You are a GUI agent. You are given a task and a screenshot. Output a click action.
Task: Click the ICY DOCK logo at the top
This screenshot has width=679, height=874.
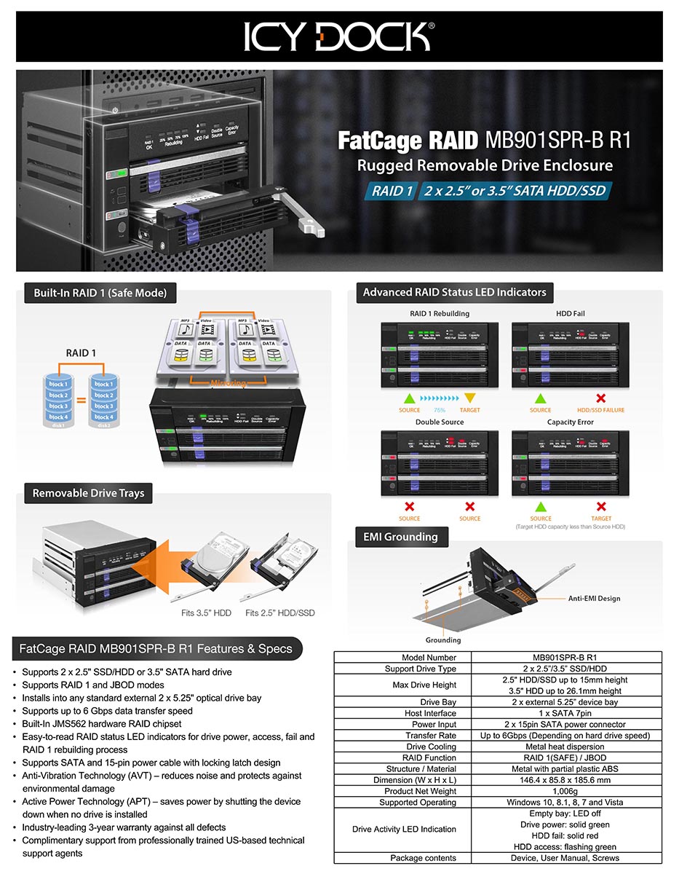coord(339,36)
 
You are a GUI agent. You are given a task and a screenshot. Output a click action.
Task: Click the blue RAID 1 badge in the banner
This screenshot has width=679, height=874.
coord(392,192)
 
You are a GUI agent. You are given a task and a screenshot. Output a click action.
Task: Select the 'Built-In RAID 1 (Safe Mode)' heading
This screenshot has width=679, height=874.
coord(100,293)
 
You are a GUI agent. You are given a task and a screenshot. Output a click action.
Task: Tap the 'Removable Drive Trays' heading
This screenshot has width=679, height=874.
coord(88,493)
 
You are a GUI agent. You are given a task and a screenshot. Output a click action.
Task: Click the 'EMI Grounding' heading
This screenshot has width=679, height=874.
coord(400,537)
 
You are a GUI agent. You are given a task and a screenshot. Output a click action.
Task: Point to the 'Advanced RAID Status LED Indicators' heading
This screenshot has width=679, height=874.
coord(454,292)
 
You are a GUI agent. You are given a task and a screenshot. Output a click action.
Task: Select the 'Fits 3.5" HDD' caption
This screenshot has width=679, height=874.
coord(206,613)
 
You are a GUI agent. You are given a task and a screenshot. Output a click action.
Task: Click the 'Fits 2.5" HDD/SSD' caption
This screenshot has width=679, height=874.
coord(280,613)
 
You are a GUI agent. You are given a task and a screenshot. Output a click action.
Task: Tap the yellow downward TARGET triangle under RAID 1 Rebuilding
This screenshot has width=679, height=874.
coord(470,398)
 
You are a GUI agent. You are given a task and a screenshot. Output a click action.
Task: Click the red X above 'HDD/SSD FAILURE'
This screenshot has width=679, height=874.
coord(601,398)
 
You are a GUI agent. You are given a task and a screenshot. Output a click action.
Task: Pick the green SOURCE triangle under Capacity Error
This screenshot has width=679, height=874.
coord(541,506)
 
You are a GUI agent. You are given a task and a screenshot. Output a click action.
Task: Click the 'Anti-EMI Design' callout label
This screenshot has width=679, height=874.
coord(594,598)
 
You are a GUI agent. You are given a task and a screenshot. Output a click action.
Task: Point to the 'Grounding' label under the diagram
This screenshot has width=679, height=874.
coord(443,640)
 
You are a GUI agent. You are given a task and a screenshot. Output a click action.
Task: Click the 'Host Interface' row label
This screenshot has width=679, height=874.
coord(429,713)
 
